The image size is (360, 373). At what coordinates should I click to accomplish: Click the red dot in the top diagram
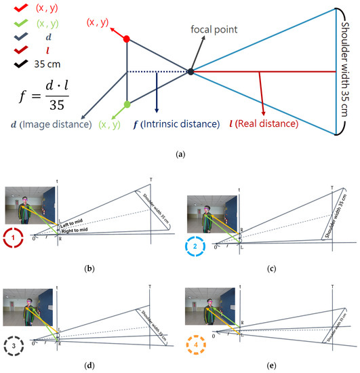[x=127, y=39]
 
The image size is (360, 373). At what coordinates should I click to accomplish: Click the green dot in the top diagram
[x=127, y=105]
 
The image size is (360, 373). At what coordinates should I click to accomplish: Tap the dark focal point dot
[x=191, y=71]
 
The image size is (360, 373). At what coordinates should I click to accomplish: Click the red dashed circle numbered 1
[x=15, y=238]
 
